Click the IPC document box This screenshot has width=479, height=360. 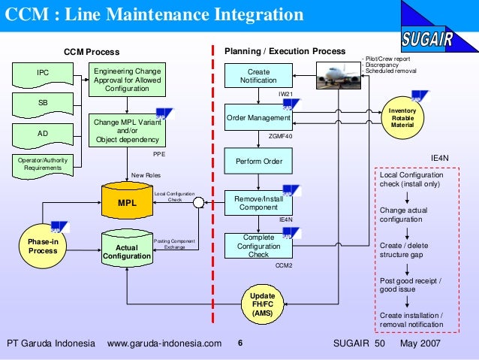tap(43, 74)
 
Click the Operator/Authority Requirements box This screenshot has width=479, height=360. tap(43, 164)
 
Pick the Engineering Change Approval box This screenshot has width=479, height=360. tap(127, 80)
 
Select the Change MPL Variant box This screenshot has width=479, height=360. tap(127, 129)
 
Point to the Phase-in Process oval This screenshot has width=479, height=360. tap(43, 246)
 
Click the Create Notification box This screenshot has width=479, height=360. tap(258, 76)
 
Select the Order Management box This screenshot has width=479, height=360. tap(258, 119)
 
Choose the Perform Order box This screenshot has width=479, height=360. tap(258, 162)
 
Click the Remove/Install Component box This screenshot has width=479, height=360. tap(258, 203)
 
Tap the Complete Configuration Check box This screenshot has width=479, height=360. tap(258, 246)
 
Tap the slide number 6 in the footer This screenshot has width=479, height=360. tap(240, 343)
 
